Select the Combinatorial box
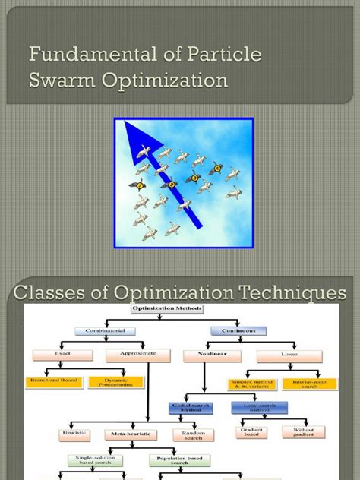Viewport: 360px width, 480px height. (x=105, y=331)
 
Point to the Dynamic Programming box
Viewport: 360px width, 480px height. (x=116, y=382)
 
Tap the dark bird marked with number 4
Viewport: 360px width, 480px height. (x=216, y=169)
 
